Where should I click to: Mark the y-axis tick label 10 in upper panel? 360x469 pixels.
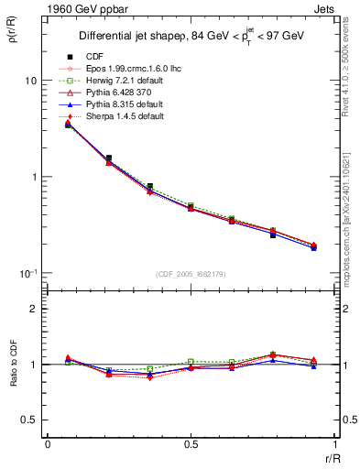pos(30,81)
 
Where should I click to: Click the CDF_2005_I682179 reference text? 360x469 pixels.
pos(191,274)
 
